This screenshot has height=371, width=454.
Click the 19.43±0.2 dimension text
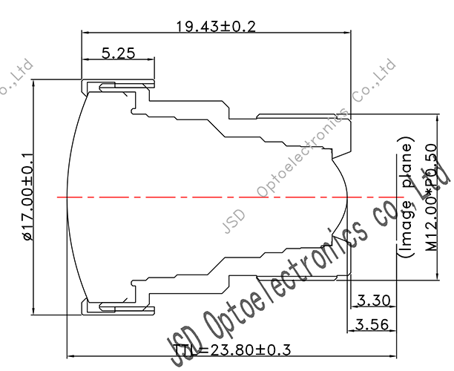215,27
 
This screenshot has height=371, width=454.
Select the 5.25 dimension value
117,53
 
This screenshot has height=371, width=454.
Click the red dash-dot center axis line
223,197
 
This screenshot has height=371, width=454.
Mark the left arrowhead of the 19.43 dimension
84,33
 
